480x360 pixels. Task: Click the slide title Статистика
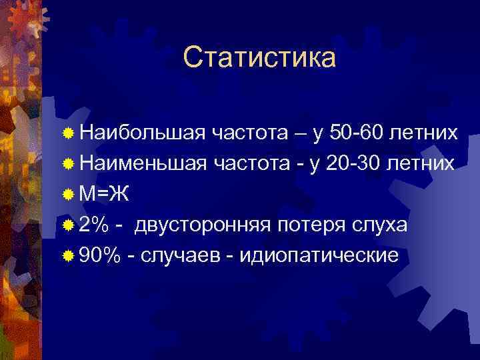[x=259, y=57]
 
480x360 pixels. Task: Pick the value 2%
[x=94, y=225]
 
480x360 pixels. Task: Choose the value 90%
[x=100, y=255]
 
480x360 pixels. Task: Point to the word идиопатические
[x=313, y=255]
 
